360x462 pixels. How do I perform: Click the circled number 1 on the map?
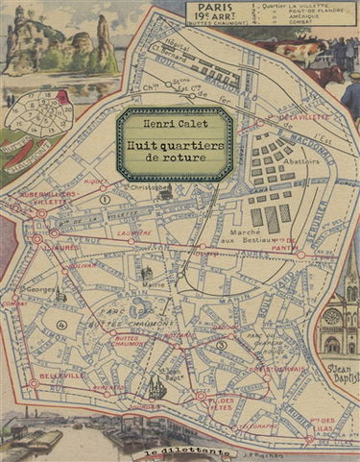click(103, 199)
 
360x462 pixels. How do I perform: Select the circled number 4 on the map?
click(61, 325)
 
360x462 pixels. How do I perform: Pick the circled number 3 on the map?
click(223, 345)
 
